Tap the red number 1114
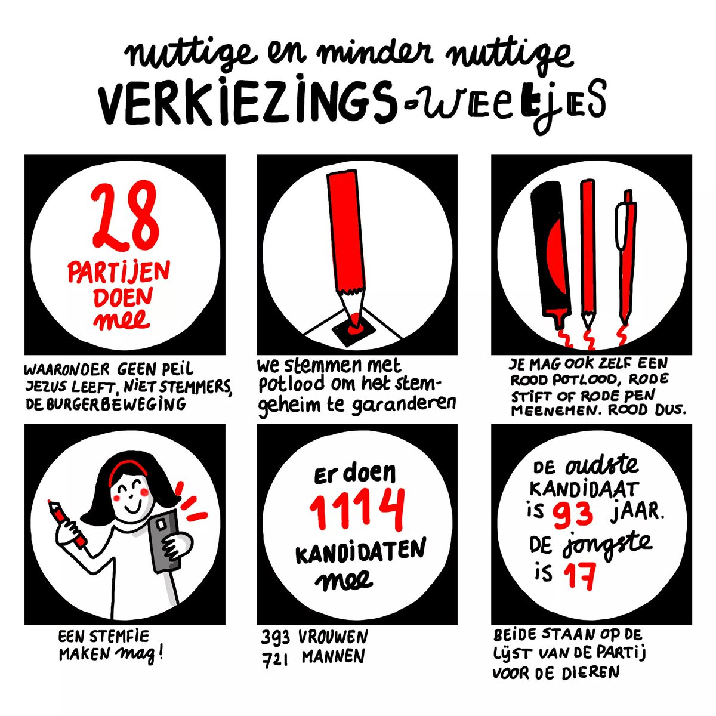[357, 510]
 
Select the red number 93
[573, 513]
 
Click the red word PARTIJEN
[118, 274]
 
